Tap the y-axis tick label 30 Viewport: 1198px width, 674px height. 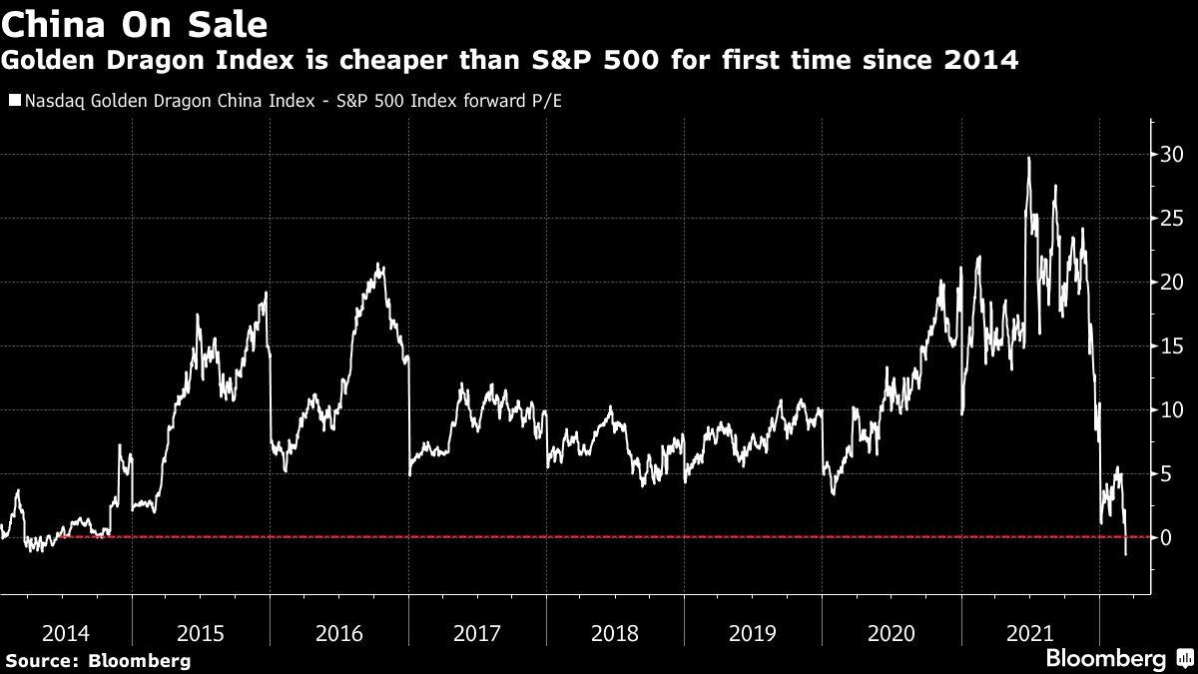[x=1171, y=155]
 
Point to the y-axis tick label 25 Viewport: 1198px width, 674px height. [x=1171, y=219]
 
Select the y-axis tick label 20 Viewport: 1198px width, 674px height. [x=1171, y=283]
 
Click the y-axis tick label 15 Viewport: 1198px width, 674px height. [x=1171, y=346]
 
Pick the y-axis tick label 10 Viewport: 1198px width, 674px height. [x=1171, y=410]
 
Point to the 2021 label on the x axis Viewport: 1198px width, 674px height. [x=1029, y=632]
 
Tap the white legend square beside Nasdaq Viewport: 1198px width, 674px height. [x=14, y=101]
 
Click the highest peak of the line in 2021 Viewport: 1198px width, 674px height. [x=1028, y=158]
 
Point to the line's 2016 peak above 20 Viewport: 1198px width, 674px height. [x=378, y=265]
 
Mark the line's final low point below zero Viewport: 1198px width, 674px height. [x=1126, y=554]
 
